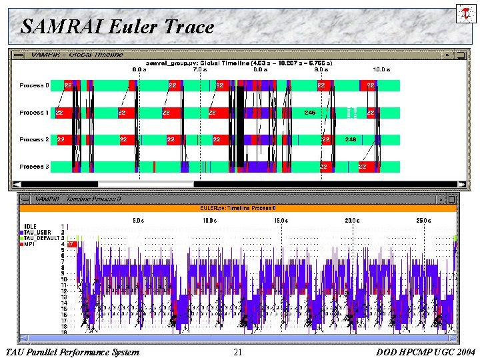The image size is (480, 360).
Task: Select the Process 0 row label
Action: pyautogui.click(x=33, y=85)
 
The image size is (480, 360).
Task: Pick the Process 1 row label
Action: pyautogui.click(x=33, y=113)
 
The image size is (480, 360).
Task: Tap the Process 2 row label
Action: pyautogui.click(x=33, y=140)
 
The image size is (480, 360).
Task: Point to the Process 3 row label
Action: pyautogui.click(x=33, y=167)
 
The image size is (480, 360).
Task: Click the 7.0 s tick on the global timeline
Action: pyautogui.click(x=199, y=69)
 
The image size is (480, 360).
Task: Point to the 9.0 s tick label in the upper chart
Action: pyautogui.click(x=321, y=69)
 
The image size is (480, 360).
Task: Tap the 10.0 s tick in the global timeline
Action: pyautogui.click(x=381, y=69)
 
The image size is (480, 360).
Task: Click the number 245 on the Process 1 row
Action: pyautogui.click(x=309, y=113)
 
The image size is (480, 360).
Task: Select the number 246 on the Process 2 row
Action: pyautogui.click(x=351, y=139)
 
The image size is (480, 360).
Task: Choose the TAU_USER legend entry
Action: pyautogui.click(x=37, y=232)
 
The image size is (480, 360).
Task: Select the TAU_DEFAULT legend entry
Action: pyautogui.click(x=41, y=238)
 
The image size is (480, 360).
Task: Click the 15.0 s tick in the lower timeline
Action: pyautogui.click(x=280, y=220)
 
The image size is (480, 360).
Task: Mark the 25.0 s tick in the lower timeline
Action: pyautogui.click(x=423, y=220)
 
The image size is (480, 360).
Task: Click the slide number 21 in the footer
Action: pyautogui.click(x=238, y=352)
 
